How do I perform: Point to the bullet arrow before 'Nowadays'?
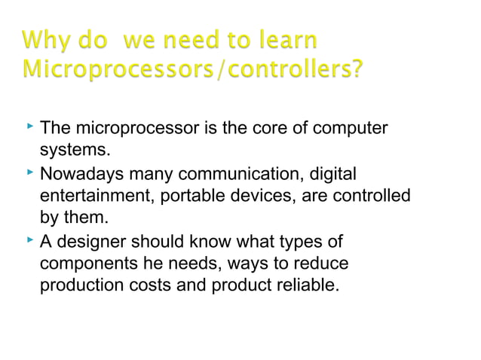coord(29,174)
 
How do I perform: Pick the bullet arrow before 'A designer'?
coord(29,241)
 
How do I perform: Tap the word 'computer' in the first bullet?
coord(353,129)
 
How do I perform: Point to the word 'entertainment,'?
coord(92,197)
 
